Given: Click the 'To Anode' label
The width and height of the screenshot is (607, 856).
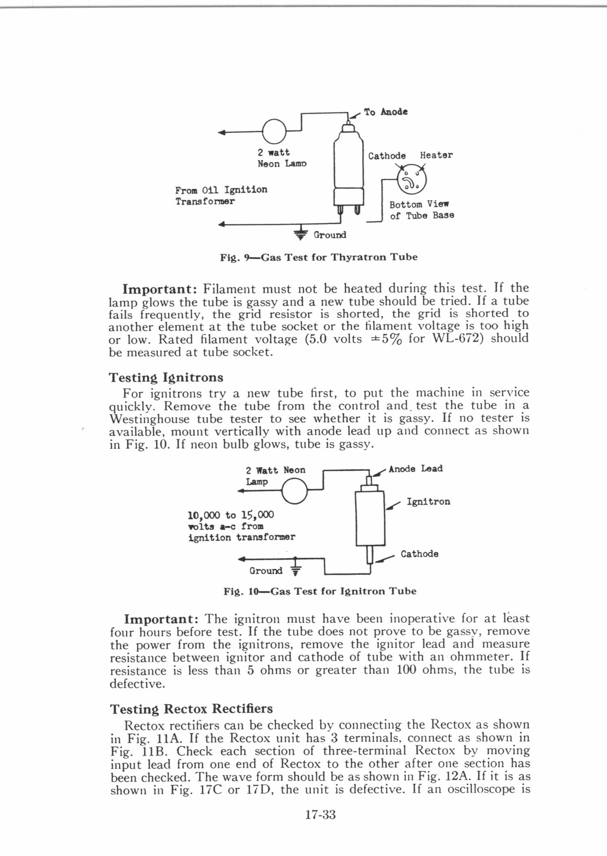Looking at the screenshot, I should (385, 112).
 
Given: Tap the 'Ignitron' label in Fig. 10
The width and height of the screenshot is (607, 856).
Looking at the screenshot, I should (428, 502).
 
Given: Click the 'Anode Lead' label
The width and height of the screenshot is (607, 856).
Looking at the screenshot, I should (416, 469).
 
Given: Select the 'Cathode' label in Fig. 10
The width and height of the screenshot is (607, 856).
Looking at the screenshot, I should (419, 554).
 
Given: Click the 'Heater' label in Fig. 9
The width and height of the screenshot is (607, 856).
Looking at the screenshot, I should (436, 155).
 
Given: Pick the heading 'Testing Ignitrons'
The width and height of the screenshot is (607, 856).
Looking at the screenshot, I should (166, 377).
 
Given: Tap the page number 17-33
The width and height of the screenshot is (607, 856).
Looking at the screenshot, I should (320, 815).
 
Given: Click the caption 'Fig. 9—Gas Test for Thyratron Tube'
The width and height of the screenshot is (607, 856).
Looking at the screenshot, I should (318, 257).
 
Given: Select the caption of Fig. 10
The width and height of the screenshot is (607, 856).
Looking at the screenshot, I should (320, 591).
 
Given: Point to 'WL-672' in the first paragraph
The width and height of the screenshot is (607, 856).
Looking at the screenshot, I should (457, 338).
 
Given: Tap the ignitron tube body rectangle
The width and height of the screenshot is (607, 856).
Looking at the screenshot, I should (370, 518).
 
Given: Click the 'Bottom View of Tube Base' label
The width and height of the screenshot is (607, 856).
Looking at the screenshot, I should (421, 210).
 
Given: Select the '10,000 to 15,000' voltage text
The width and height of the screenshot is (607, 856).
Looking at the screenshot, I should (231, 515).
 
